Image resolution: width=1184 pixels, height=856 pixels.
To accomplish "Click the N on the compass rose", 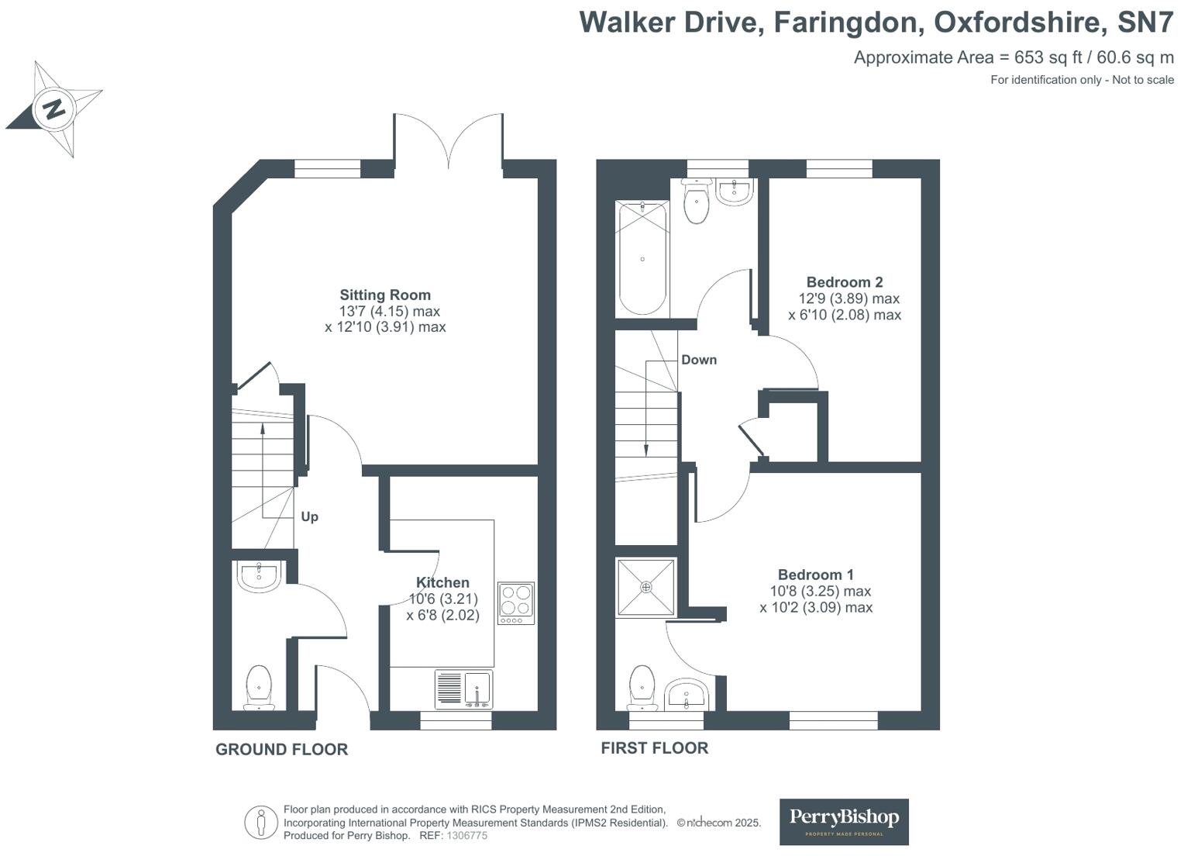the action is (54, 109).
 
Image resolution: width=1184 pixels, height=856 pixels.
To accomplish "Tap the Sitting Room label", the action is (385, 295).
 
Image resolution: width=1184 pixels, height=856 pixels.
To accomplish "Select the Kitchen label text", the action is (442, 582).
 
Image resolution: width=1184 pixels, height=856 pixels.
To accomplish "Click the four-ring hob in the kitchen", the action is (516, 603).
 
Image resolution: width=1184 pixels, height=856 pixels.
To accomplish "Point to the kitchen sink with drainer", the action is (463, 689).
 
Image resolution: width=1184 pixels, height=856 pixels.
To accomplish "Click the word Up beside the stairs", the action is (309, 517).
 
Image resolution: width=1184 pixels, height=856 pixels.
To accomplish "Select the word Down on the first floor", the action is (699, 360).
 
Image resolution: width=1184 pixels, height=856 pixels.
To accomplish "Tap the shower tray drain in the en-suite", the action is (646, 587).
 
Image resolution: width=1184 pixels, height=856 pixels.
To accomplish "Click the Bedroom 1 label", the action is (816, 575).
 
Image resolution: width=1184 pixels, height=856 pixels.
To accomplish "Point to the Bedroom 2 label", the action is (844, 282).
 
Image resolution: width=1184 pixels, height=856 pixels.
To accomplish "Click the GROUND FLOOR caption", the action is (282, 749).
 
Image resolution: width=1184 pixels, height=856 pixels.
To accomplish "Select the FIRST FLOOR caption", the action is (654, 748).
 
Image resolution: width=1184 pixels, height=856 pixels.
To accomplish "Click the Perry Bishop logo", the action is (844, 821).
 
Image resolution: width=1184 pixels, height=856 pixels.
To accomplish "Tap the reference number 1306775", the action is (466, 835).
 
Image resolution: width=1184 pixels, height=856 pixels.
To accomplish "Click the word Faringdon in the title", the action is (849, 22).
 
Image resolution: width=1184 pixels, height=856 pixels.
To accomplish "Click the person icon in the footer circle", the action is (260, 823).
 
